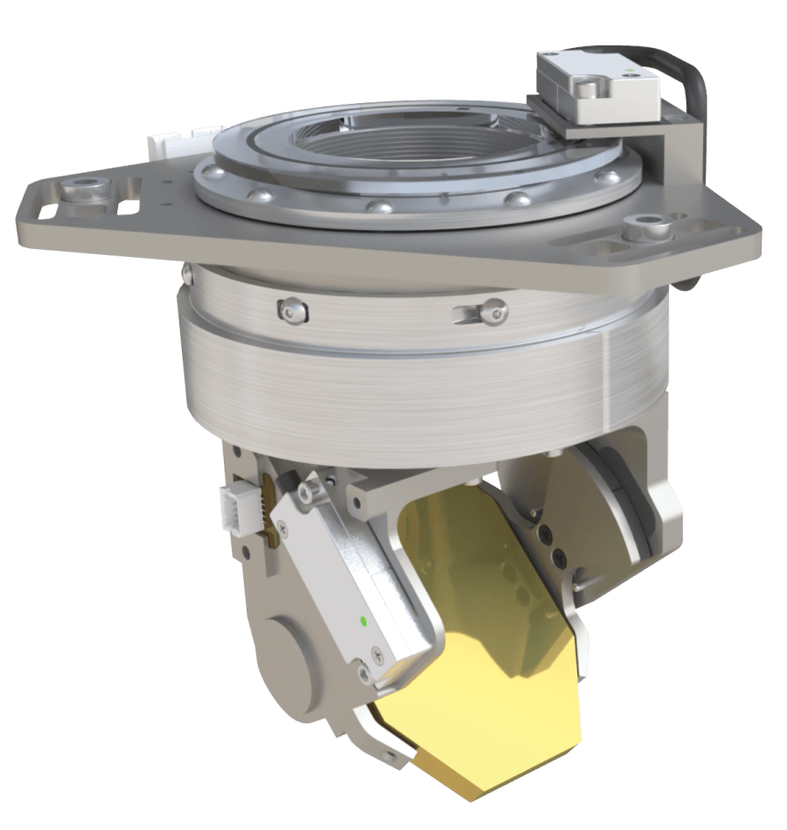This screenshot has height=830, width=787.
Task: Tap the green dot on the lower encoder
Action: [362, 621]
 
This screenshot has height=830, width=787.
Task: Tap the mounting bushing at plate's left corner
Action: [86, 186]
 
